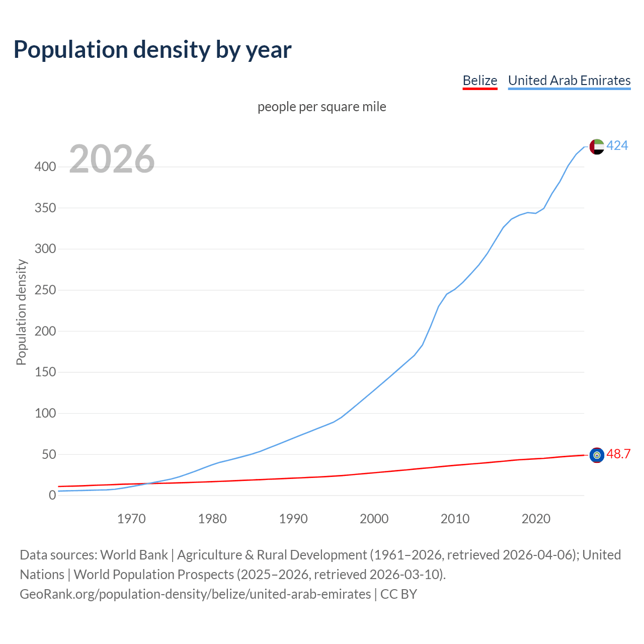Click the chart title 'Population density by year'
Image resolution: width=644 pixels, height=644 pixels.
(x=152, y=50)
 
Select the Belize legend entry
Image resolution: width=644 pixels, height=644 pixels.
(x=479, y=80)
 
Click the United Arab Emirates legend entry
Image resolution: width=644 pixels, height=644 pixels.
(x=569, y=80)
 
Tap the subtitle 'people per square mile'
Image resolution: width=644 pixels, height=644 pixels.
(x=321, y=107)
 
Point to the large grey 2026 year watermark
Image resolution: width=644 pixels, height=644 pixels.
(x=112, y=159)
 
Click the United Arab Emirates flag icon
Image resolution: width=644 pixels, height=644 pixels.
(x=597, y=146)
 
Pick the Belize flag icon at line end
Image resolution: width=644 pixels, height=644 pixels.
(x=597, y=455)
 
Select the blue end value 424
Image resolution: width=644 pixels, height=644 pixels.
(x=617, y=146)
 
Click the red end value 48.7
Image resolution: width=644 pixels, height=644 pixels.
(x=618, y=454)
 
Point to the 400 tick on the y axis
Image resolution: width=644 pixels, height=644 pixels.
(x=45, y=167)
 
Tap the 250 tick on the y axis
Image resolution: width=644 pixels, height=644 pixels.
(x=45, y=290)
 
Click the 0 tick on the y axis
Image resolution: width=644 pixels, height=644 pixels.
(x=52, y=496)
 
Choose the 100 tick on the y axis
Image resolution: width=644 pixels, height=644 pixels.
(x=45, y=414)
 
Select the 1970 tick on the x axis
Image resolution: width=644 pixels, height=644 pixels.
(x=131, y=519)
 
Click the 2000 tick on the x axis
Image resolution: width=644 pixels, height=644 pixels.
(x=374, y=519)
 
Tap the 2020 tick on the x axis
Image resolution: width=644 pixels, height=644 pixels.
(x=536, y=519)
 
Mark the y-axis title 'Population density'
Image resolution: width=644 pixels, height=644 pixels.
(x=21, y=312)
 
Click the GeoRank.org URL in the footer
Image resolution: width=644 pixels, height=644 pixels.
(x=195, y=594)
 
